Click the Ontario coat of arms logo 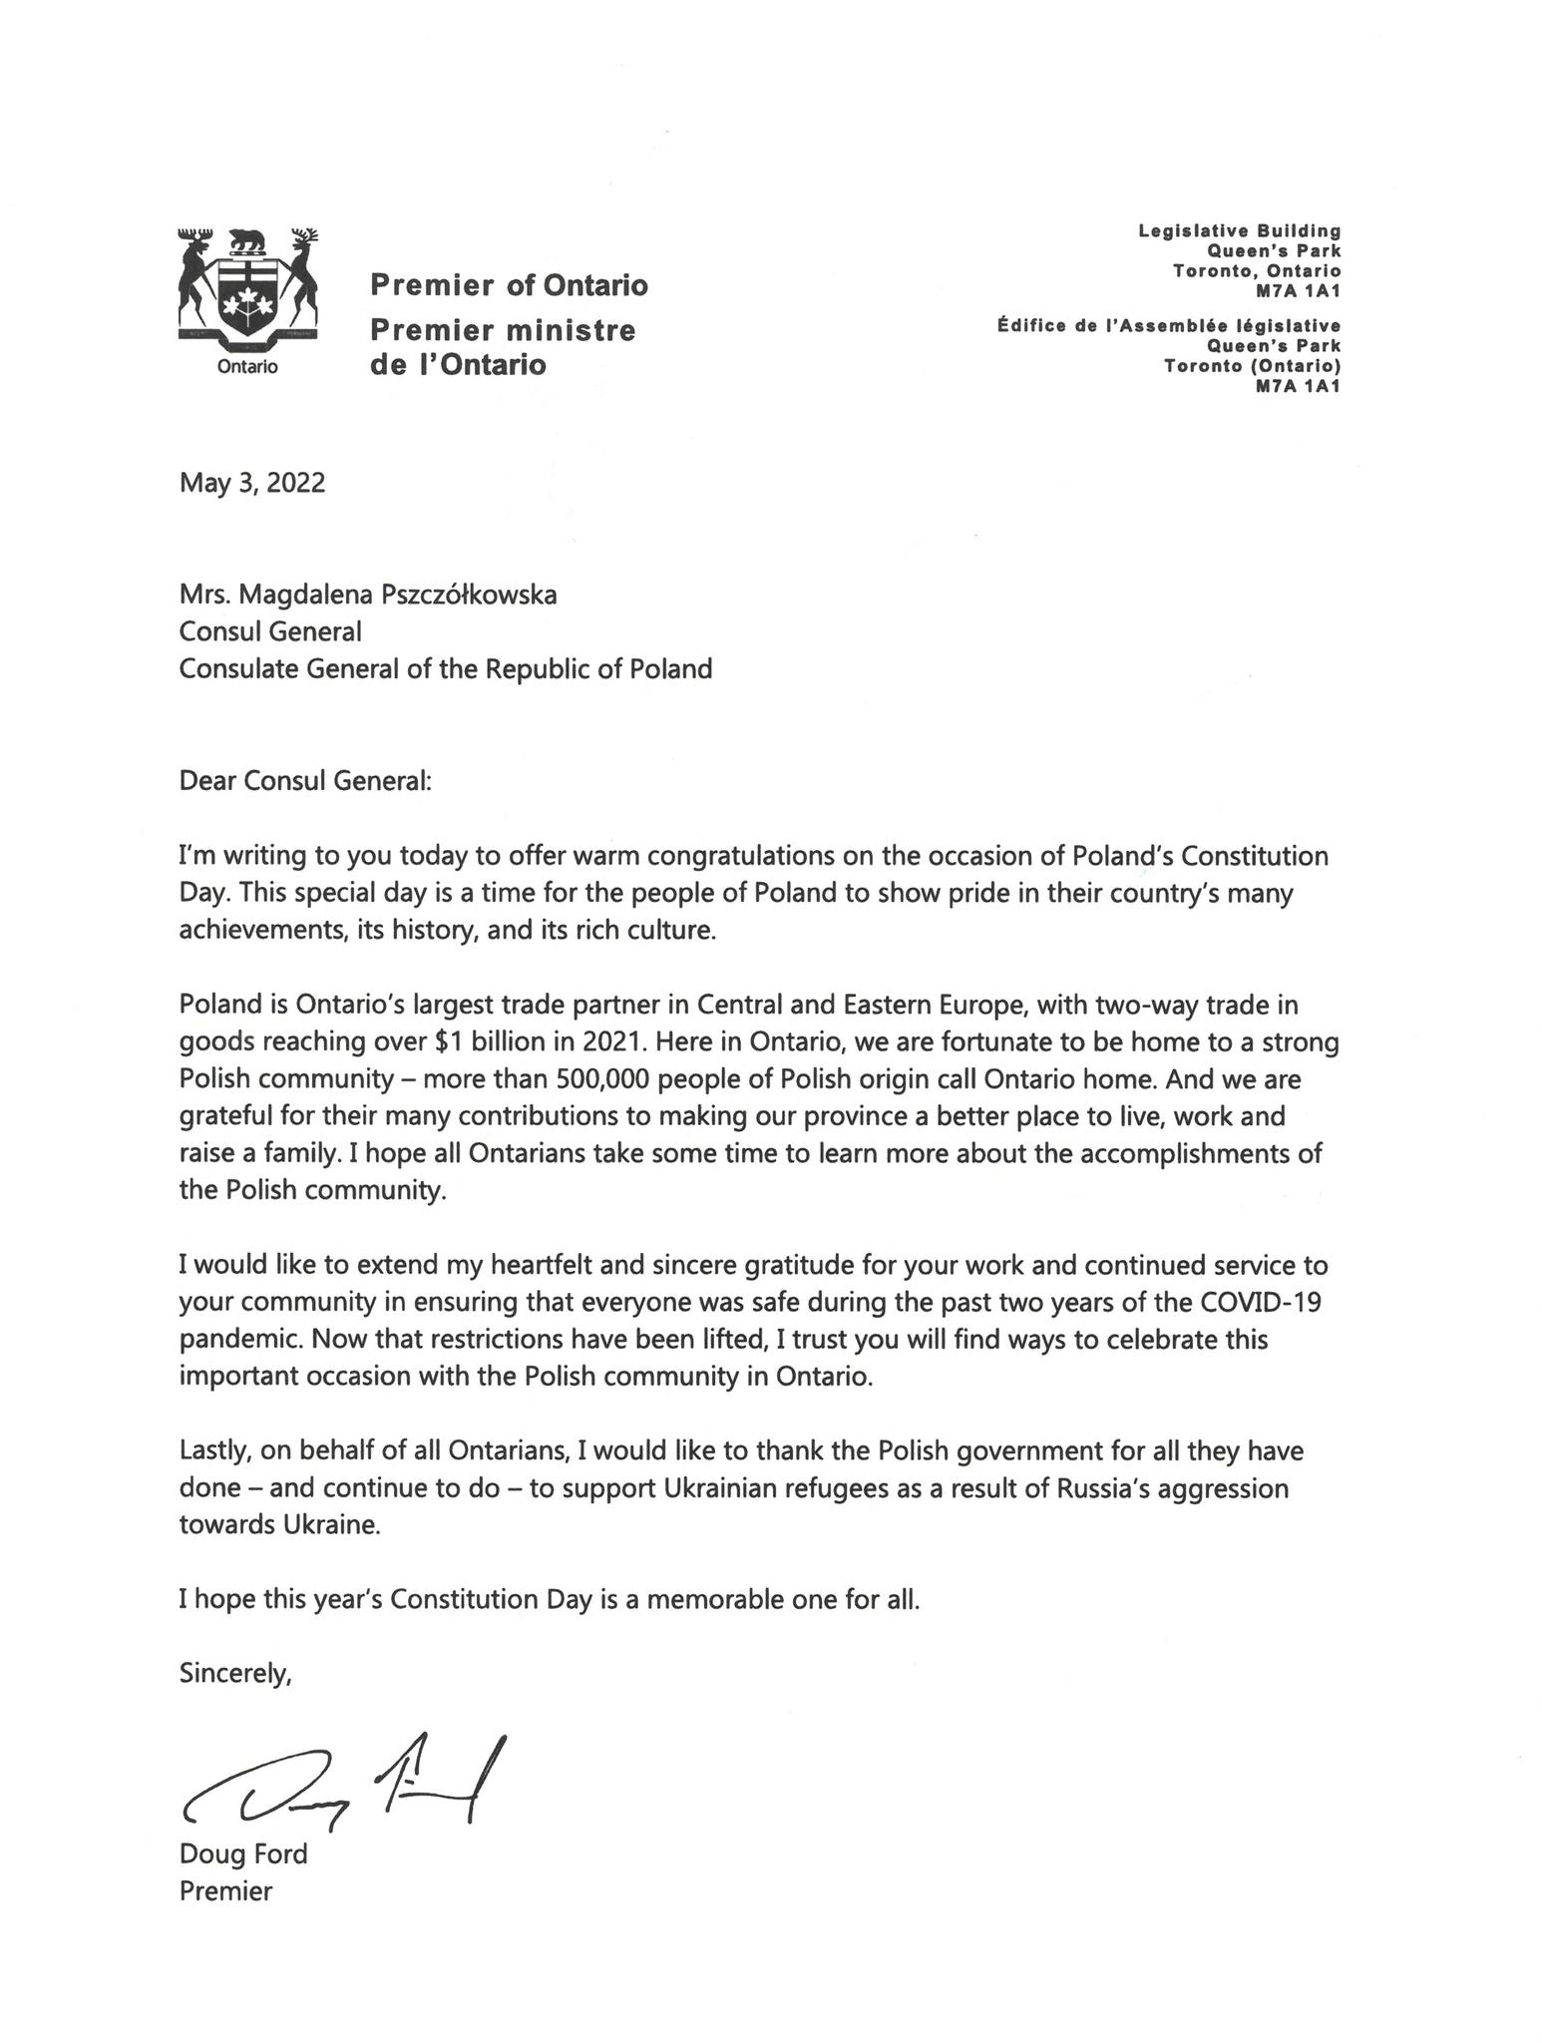[x=247, y=288]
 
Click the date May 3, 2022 [x=252, y=483]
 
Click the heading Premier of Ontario [x=509, y=286]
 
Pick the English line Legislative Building [x=1240, y=231]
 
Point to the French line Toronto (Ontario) [x=1252, y=366]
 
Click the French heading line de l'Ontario [x=458, y=365]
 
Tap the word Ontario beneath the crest [x=247, y=367]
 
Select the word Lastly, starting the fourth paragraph [x=211, y=1450]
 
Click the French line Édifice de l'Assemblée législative [x=1168, y=325]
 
